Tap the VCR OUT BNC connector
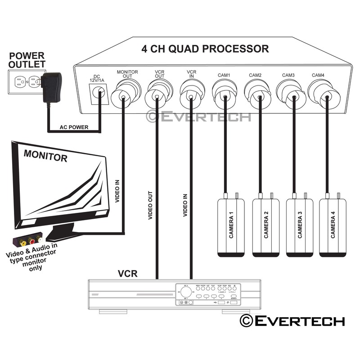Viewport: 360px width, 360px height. point(157,95)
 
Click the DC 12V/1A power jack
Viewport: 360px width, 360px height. point(99,93)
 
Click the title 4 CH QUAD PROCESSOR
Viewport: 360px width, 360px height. point(205,49)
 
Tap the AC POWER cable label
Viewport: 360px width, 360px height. point(74,127)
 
